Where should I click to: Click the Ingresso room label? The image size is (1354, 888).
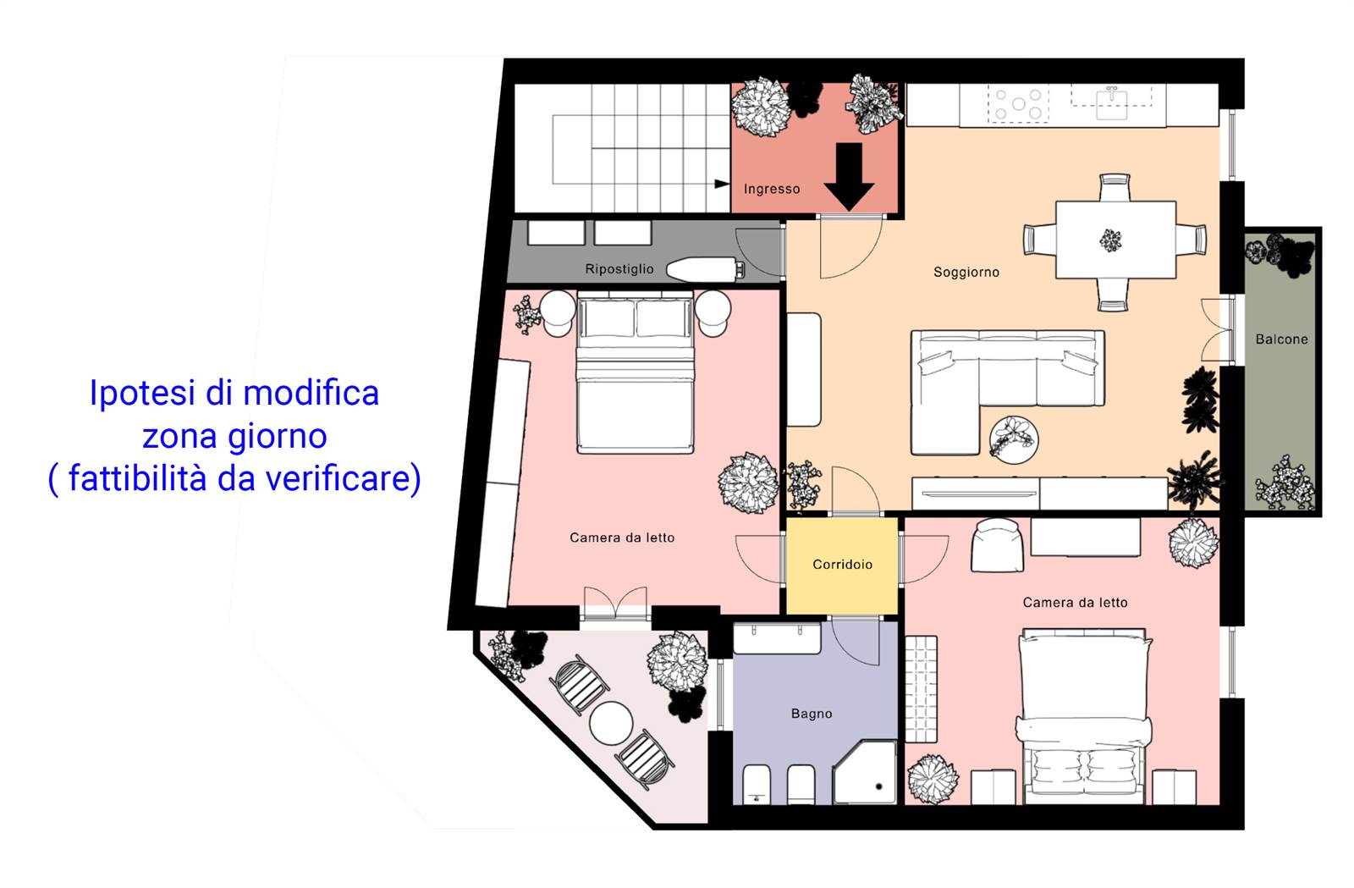coord(771,190)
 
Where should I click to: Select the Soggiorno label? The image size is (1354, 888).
coord(966,272)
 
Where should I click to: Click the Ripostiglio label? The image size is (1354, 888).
coord(619,269)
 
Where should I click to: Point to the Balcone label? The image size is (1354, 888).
coord(1281,339)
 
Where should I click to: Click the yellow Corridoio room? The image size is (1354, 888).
coord(842,565)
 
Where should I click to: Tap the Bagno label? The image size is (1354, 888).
coord(812,714)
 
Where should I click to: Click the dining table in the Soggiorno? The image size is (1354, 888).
coord(1115,240)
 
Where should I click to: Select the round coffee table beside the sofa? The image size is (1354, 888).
coord(1014,440)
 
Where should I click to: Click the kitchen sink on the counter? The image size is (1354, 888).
coord(1112,104)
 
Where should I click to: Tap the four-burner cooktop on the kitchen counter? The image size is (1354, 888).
coord(1018,104)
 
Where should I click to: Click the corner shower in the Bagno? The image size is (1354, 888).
coord(864,772)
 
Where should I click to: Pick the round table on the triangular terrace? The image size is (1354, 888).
coord(611,723)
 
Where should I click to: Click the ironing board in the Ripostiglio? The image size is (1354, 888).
coord(705,269)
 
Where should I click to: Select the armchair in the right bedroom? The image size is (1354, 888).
coord(997,545)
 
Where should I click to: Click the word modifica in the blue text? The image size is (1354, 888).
coord(311,392)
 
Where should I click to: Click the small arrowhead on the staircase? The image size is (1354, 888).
coord(722,184)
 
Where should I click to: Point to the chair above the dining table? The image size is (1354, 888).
coord(1115,187)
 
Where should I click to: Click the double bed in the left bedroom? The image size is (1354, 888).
coord(635,372)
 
